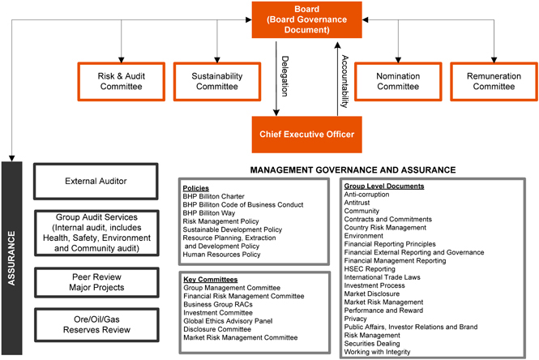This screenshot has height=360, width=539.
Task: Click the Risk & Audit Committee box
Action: [x=119, y=80]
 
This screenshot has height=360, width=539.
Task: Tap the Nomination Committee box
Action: [x=399, y=80]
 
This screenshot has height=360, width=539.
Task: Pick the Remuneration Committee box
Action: [x=492, y=80]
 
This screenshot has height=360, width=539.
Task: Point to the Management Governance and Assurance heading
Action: [x=353, y=170]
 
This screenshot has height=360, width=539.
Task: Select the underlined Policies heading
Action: [x=198, y=187]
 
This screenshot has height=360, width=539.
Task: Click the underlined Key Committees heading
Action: [x=210, y=279]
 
